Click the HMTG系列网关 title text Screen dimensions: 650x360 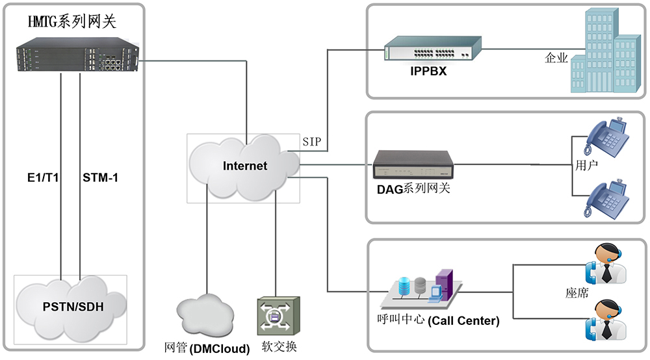[x=72, y=21]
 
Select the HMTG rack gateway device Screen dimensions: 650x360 [x=77, y=55]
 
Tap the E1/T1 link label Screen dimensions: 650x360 [x=43, y=177]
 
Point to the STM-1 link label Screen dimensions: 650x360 [x=100, y=177]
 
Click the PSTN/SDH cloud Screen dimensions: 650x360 [x=71, y=308]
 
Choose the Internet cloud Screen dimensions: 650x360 [x=244, y=168]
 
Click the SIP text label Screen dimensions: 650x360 [x=312, y=142]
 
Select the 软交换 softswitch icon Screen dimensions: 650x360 [x=279, y=316]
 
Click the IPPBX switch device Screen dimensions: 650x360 [x=433, y=48]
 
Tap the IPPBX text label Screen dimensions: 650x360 [x=428, y=71]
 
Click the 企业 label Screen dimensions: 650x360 [x=556, y=58]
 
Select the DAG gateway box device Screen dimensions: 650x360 [x=413, y=164]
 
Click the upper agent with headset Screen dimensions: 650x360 [x=606, y=263]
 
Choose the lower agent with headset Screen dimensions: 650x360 [x=606, y=320]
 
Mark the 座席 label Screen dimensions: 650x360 [x=577, y=293]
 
